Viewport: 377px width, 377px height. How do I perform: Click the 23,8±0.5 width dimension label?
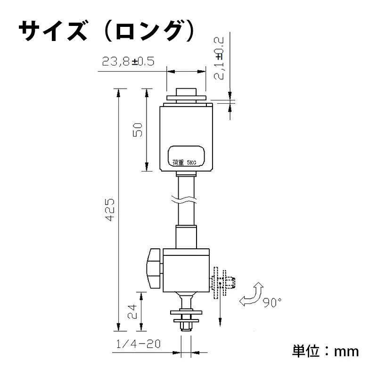click(x=128, y=62)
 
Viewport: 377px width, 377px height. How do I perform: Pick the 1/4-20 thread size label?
click(x=137, y=344)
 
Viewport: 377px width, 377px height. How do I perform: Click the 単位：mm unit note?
click(x=325, y=351)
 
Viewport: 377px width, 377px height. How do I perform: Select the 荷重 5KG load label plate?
click(x=187, y=156)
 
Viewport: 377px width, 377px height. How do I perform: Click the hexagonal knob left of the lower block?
click(x=154, y=269)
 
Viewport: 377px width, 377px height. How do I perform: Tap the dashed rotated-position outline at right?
click(x=217, y=283)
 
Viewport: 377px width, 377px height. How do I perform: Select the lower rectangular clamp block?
click(x=187, y=271)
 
